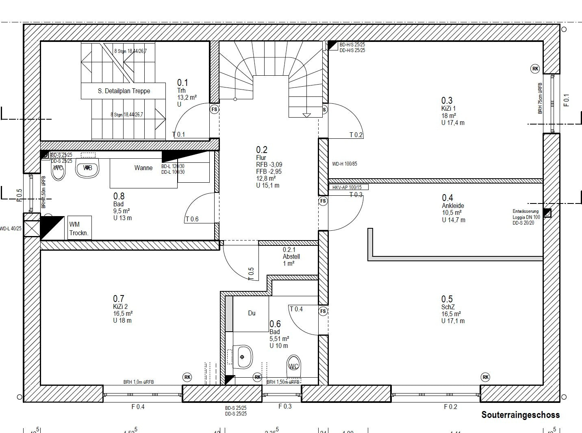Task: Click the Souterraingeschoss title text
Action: pyautogui.click(x=520, y=415)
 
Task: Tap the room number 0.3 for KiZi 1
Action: pyautogui.click(x=447, y=101)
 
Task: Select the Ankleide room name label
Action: pyautogui.click(x=453, y=206)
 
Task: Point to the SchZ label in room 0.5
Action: pyautogui.click(x=448, y=307)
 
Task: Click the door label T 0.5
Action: pyautogui.click(x=251, y=273)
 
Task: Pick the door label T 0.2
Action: pyautogui.click(x=356, y=135)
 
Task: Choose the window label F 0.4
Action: pyautogui.click(x=138, y=407)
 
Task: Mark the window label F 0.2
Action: pyautogui.click(x=450, y=407)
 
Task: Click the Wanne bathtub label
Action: pyautogui.click(x=143, y=168)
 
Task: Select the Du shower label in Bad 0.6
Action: pyautogui.click(x=252, y=313)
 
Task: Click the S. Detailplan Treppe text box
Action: pyautogui.click(x=124, y=91)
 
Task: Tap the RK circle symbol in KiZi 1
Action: pyautogui.click(x=535, y=69)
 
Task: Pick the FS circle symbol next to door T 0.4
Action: pyautogui.click(x=323, y=311)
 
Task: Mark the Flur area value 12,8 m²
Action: pyautogui.click(x=266, y=178)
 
